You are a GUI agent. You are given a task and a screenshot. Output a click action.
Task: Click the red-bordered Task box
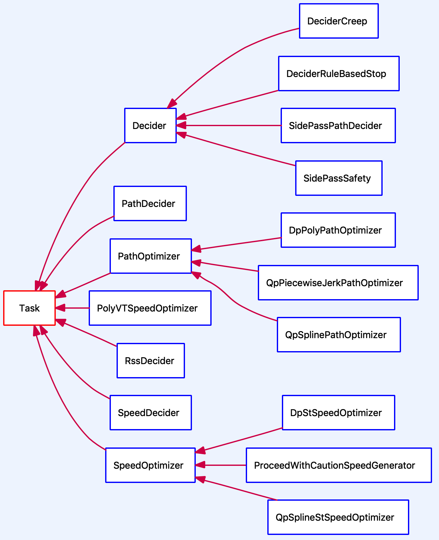coord(29,308)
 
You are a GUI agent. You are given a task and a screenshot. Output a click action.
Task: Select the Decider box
coord(150,125)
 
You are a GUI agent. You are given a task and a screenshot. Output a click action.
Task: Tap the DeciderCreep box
coord(339,21)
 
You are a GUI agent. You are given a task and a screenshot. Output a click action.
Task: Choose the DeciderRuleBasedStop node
coord(339,74)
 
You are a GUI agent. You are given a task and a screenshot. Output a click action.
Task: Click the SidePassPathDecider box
coord(338,125)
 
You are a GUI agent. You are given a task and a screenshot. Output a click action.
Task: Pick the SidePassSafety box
coord(339,178)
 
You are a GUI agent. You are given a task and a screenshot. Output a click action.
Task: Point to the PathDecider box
coord(150,203)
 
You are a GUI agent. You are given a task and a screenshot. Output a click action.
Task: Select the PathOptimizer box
coord(151,256)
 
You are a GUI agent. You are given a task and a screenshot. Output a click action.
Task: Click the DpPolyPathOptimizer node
coord(338,230)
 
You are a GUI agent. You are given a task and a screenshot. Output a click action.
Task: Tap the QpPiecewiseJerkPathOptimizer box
coord(338,283)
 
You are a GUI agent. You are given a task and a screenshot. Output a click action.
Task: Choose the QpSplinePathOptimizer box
coord(339,335)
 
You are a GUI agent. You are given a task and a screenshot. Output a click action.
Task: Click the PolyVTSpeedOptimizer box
coord(150,308)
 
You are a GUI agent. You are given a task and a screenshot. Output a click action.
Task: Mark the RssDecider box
coord(150,361)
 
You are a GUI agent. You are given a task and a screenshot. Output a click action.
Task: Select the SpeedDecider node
coord(151,413)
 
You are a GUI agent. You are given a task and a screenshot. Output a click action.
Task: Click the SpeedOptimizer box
coord(150,465)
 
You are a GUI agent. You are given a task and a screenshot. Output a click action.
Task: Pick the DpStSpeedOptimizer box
coord(338,413)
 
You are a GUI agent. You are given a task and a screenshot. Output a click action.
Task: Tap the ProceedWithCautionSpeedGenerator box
coord(339,465)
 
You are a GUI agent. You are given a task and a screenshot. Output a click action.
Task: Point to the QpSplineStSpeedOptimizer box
coord(338,517)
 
